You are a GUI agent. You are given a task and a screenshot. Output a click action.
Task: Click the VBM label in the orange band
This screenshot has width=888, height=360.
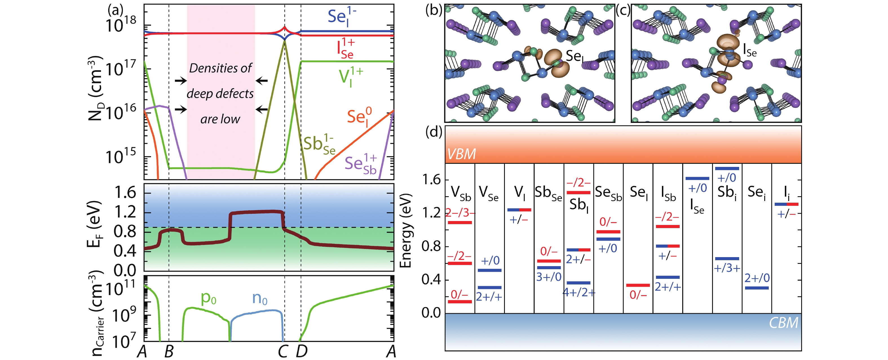pyautogui.click(x=461, y=154)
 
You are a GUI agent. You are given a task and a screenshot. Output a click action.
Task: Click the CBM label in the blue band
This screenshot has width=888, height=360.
pyautogui.click(x=783, y=323)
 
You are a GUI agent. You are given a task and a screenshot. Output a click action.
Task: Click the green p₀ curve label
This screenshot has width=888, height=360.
pyautogui.click(x=209, y=298)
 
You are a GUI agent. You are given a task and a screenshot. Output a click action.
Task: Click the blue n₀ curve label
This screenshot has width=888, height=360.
pyautogui.click(x=260, y=298)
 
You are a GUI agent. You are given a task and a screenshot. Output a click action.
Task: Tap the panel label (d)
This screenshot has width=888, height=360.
pyautogui.click(x=434, y=132)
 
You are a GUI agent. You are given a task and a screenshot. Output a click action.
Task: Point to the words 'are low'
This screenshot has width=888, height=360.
pyautogui.click(x=220, y=119)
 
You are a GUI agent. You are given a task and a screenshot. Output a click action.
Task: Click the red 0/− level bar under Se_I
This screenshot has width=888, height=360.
pyautogui.click(x=638, y=285)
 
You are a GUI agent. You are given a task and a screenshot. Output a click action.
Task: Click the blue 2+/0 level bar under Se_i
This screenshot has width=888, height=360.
pyautogui.click(x=757, y=288)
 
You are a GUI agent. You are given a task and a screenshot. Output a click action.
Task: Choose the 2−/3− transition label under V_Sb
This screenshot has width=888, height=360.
pyautogui.click(x=460, y=213)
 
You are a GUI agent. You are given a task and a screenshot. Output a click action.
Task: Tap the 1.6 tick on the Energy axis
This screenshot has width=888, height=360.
pyautogui.click(x=431, y=180)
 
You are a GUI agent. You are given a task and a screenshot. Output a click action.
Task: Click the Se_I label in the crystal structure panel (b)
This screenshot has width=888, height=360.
pyautogui.click(x=575, y=56)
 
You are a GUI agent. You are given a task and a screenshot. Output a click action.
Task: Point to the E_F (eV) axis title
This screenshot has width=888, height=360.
pyautogui.click(x=94, y=224)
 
